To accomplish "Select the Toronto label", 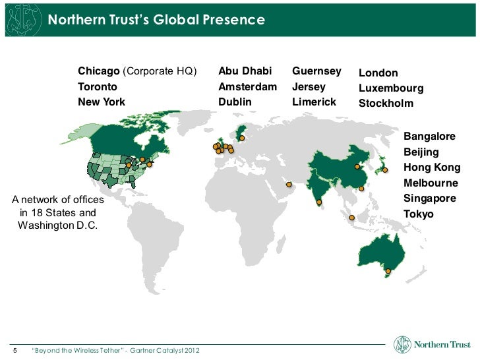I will tap(98, 87).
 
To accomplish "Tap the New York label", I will tap(102, 102).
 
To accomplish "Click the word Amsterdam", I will tap(248, 87).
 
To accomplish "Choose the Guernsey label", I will tap(316, 71).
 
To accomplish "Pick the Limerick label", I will tap(314, 102).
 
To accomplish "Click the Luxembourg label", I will tap(391, 88).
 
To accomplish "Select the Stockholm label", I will tap(386, 104).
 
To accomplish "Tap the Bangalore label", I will tap(429, 136).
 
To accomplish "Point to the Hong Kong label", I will tap(432, 167).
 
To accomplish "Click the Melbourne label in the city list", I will tap(431, 183).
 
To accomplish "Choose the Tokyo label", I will tap(419, 214).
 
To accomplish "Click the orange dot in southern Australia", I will tap(388, 271).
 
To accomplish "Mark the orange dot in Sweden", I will tap(242, 138).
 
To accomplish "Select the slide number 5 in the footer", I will tap(16, 349).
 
